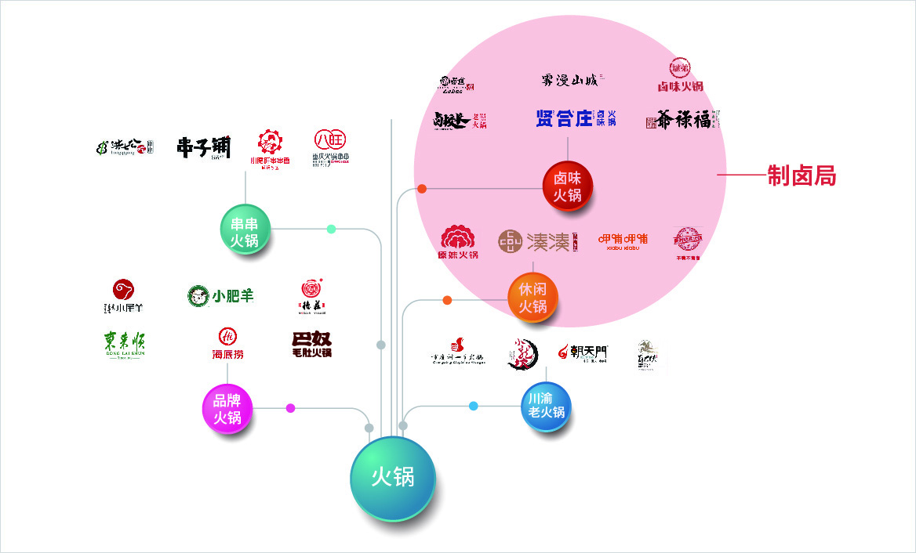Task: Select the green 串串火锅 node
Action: click(x=245, y=230)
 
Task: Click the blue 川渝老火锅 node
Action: click(x=546, y=405)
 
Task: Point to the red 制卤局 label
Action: click(x=801, y=176)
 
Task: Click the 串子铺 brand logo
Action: click(x=204, y=147)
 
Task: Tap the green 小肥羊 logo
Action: click(x=220, y=296)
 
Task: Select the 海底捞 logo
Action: click(x=227, y=343)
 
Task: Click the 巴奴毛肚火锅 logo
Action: click(x=311, y=344)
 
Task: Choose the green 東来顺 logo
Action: click(x=124, y=345)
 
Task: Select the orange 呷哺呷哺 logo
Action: click(x=623, y=240)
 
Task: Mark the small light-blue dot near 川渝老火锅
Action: click(x=474, y=406)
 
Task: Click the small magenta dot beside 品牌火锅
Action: click(x=291, y=408)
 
